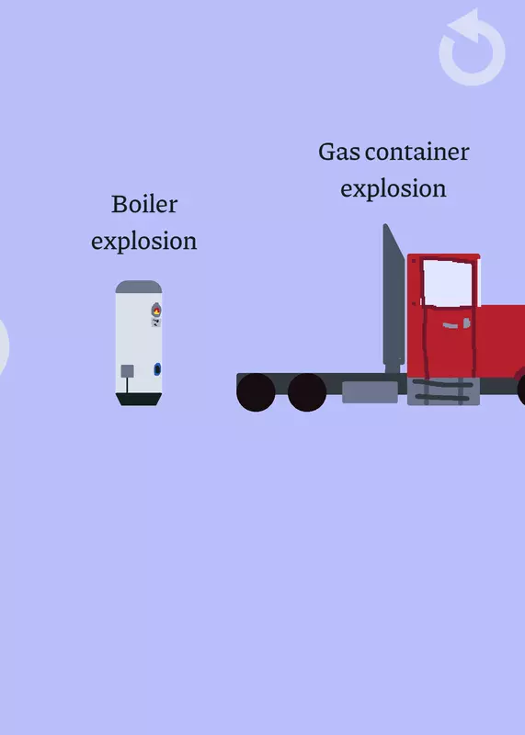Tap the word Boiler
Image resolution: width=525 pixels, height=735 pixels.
point(144,204)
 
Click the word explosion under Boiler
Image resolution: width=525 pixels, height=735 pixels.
point(144,242)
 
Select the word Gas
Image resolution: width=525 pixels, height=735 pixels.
point(339,152)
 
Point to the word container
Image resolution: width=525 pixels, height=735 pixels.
point(417,153)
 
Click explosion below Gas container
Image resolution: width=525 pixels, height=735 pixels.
point(394,189)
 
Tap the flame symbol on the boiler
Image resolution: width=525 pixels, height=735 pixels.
point(156,310)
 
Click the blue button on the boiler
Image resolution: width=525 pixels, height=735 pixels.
point(157,369)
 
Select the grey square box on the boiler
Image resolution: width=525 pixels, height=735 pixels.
point(127,371)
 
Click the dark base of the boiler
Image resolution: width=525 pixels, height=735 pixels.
point(139,400)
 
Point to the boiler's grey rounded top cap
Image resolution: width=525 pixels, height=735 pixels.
point(139,287)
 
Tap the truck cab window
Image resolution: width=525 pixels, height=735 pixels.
point(447,283)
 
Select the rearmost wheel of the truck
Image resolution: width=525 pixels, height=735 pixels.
point(256,392)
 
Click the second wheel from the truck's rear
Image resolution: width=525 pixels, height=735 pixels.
point(307,392)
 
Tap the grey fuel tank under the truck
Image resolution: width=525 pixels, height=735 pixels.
point(371,392)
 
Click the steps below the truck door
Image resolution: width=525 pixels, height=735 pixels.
point(443,392)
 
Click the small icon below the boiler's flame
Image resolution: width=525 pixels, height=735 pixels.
point(156,322)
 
